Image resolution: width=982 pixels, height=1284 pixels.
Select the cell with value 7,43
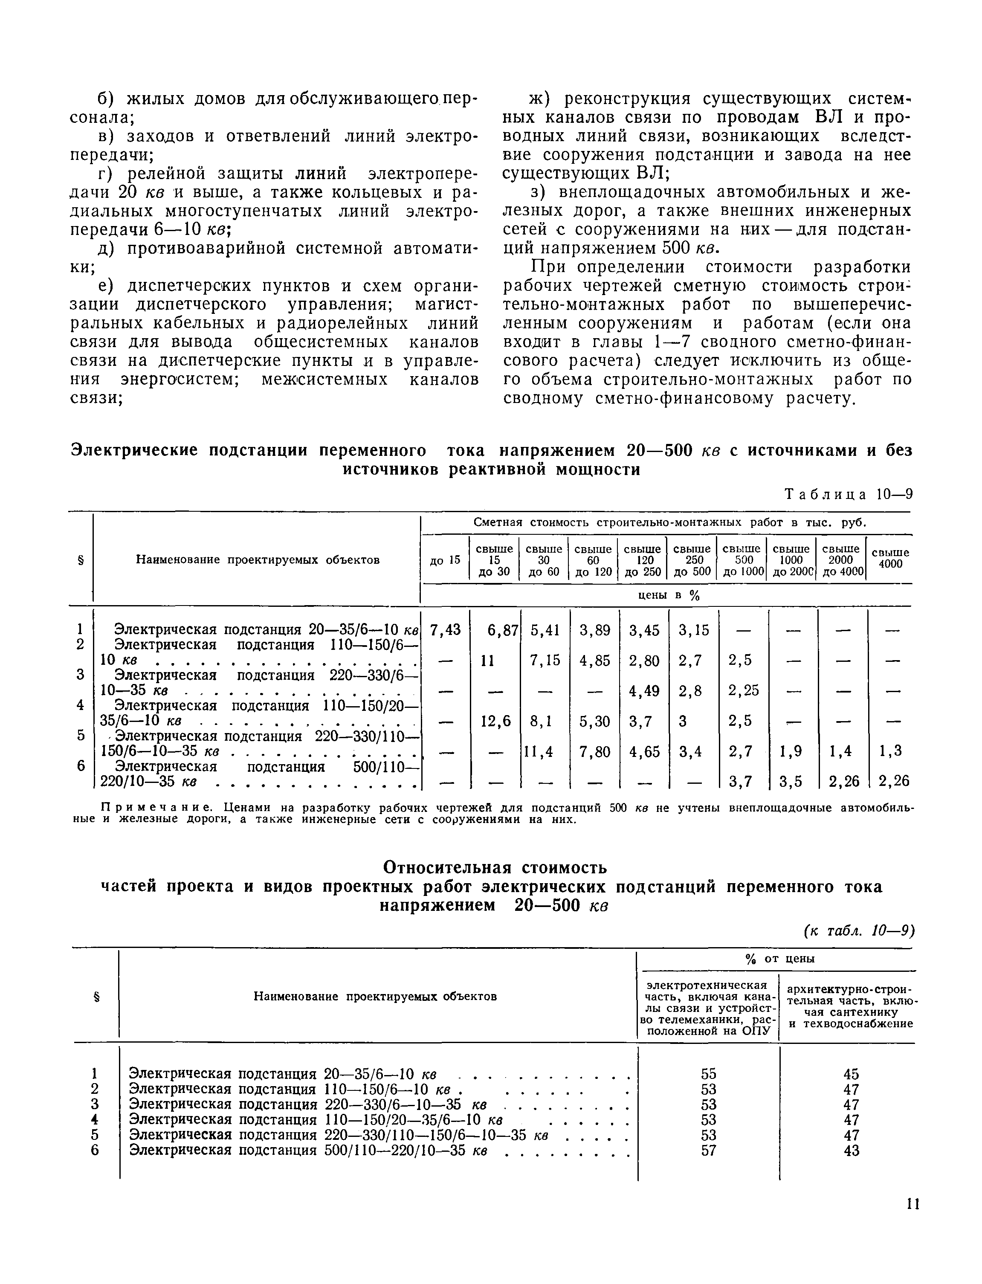click(446, 630)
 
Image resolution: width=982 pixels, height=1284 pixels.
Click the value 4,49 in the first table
click(644, 691)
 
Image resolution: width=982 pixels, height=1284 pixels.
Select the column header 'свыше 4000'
click(890, 558)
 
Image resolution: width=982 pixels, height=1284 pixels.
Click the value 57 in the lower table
click(708, 1150)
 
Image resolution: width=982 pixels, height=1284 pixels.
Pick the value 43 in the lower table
click(852, 1150)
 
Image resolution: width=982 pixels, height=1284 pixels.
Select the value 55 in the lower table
click(708, 1074)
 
